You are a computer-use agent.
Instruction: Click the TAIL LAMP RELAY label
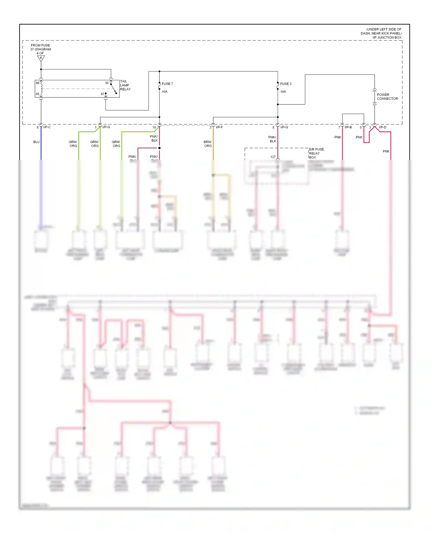click(x=125, y=85)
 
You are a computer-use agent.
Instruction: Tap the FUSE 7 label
click(x=167, y=84)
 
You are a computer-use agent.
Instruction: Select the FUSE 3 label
click(x=286, y=84)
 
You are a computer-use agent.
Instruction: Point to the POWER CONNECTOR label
click(x=387, y=97)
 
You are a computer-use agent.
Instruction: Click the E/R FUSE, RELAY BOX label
click(x=316, y=153)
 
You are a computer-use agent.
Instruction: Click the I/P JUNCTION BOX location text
click(x=381, y=34)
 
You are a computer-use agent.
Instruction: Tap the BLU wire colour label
click(x=36, y=142)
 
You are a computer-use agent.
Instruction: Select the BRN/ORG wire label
click(x=208, y=144)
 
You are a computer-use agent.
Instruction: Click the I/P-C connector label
click(x=47, y=127)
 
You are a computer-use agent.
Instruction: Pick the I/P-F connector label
click(x=219, y=127)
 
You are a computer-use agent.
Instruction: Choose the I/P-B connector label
click(x=348, y=127)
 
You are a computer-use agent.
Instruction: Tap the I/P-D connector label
click(x=383, y=127)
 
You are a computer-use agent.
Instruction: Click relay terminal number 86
click(x=38, y=83)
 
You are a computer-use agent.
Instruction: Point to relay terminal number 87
click(x=103, y=94)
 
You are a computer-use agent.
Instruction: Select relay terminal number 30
click(x=107, y=83)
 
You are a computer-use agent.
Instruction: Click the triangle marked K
click(x=41, y=58)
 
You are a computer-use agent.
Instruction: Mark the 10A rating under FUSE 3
click(x=283, y=92)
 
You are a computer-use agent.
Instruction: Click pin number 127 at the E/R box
click(x=273, y=157)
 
